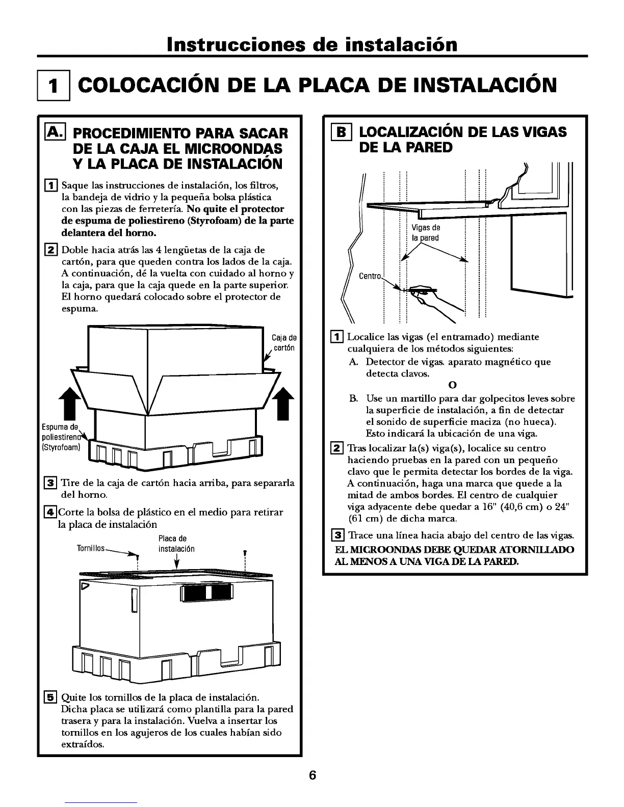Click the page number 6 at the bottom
click(312, 775)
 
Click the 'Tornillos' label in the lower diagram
click(90, 549)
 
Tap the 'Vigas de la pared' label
click(426, 233)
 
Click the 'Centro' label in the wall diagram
click(371, 276)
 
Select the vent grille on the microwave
click(206, 593)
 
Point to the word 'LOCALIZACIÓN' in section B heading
click(412, 132)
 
